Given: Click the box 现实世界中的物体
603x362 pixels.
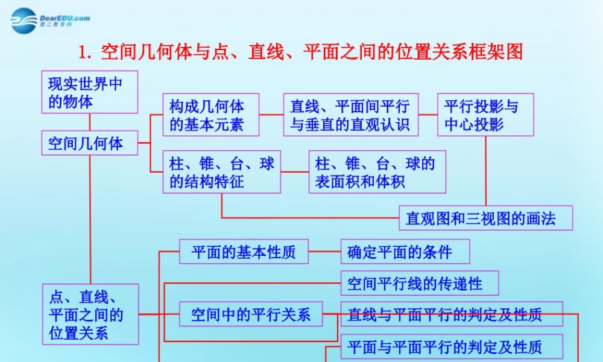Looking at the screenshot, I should [x=89, y=92].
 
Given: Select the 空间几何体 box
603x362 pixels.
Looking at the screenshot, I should [x=89, y=143].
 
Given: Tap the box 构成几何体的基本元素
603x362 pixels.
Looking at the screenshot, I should [x=211, y=115].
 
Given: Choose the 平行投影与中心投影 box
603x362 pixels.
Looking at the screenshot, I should [x=485, y=115].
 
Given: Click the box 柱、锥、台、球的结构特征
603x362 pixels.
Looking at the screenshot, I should [x=222, y=172].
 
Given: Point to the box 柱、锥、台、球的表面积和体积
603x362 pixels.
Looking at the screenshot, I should [x=377, y=172].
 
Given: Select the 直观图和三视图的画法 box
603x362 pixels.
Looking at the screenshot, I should [x=485, y=218].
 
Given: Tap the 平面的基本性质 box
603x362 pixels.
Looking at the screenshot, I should [x=244, y=252].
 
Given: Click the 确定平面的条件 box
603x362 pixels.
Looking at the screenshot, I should [x=405, y=252].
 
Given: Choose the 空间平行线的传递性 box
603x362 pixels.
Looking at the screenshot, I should [x=420, y=283].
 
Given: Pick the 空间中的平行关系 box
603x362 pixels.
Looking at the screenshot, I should [x=251, y=314].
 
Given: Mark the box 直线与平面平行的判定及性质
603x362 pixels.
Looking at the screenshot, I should [x=452, y=314].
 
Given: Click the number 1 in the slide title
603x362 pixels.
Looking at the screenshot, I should [x=83, y=52].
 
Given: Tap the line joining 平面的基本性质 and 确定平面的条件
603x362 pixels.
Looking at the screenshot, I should [x=324, y=252].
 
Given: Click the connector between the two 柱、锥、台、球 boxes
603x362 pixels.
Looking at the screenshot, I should [x=295, y=172].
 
